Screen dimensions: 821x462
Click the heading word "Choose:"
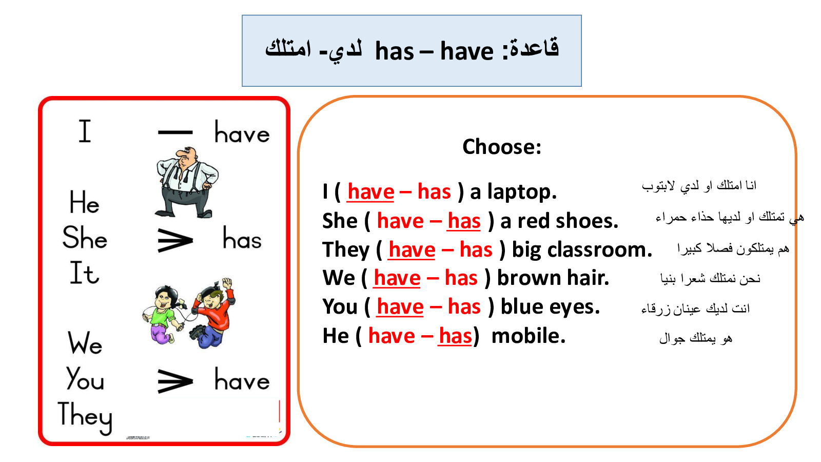pos(502,147)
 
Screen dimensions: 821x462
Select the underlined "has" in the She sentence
pos(464,221)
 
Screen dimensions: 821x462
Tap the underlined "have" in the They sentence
pos(412,250)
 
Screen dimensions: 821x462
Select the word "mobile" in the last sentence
pos(528,336)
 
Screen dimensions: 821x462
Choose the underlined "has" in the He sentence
pos(455,336)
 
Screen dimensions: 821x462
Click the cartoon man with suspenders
pos(186,182)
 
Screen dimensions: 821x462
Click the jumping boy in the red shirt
pos(212,313)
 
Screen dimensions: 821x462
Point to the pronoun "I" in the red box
pos(85,131)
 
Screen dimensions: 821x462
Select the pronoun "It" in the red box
pos(84,273)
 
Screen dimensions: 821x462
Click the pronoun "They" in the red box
pos(85,417)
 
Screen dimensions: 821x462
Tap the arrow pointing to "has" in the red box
pos(175,241)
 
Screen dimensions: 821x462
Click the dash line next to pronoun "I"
pos(175,132)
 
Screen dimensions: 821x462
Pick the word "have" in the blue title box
pos(466,51)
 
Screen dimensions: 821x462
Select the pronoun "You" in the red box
pos(85,378)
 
